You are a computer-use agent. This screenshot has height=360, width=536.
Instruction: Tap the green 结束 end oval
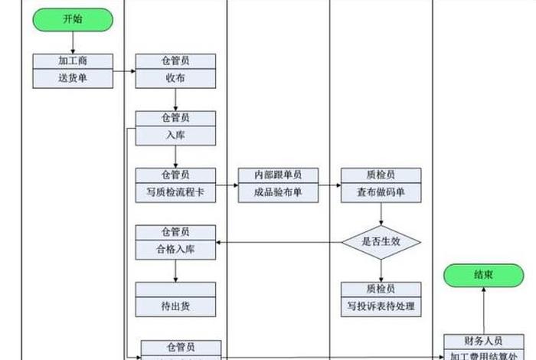pos(483,274)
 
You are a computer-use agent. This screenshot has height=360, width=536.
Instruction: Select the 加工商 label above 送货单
pos(73,61)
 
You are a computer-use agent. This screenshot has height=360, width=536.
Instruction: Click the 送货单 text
pos(73,78)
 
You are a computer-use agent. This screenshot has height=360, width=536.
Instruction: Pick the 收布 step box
pos(175,78)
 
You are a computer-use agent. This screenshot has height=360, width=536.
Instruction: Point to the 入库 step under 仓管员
pos(175,136)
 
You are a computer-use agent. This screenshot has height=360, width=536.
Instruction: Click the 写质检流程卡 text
pos(175,193)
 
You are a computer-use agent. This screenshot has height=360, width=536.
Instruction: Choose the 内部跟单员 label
pos(278,175)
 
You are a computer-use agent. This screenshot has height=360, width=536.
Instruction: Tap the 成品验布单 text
pos(278,193)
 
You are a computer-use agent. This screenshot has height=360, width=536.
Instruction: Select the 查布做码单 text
pos(381,193)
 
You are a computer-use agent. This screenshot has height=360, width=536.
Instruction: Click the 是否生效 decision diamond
pos(381,242)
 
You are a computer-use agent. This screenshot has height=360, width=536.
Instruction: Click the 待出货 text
pos(175,307)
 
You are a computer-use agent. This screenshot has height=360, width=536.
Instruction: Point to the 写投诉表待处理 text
pos(381,307)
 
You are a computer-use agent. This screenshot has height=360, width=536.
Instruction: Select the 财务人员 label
pos(483,342)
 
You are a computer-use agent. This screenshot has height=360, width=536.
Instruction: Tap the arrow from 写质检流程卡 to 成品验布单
pos(227,185)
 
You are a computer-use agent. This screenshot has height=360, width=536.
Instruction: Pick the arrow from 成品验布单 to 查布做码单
pos(329,185)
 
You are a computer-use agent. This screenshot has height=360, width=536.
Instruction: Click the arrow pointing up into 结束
pos(483,310)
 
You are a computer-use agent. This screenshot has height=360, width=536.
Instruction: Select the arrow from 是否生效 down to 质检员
pos(381,270)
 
